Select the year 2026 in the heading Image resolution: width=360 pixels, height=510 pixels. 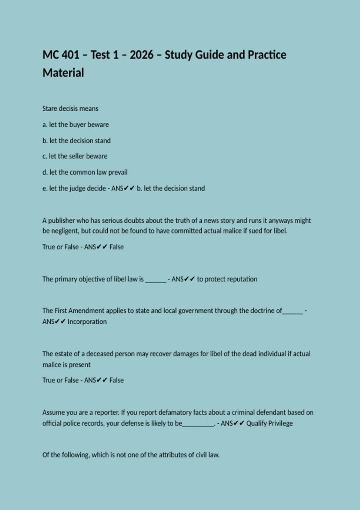point(142,55)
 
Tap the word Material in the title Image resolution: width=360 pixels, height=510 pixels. point(63,73)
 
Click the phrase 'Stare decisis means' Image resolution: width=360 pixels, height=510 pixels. point(70,109)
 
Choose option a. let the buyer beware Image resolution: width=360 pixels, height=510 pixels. point(76,124)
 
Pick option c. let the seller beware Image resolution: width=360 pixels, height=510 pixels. point(75,156)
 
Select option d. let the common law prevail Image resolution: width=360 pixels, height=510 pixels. point(85,172)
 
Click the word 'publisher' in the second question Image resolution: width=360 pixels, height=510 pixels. point(61,220)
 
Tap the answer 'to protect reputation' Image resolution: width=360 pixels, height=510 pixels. point(227,279)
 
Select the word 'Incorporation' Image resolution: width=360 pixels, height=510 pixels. point(87,322)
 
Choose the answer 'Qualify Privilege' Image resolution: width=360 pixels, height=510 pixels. point(269,423)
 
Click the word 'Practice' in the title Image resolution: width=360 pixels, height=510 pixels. point(267,55)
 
